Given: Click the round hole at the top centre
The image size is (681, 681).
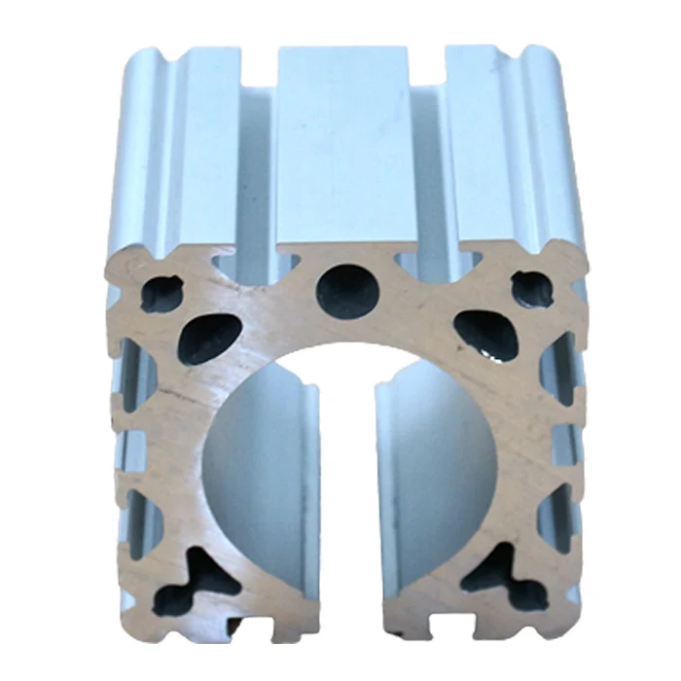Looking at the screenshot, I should pyautogui.click(x=348, y=289).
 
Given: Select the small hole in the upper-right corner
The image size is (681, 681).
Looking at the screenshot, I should pyautogui.click(x=531, y=290).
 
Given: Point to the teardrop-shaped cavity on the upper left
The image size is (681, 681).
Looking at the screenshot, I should pyautogui.click(x=209, y=338).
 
